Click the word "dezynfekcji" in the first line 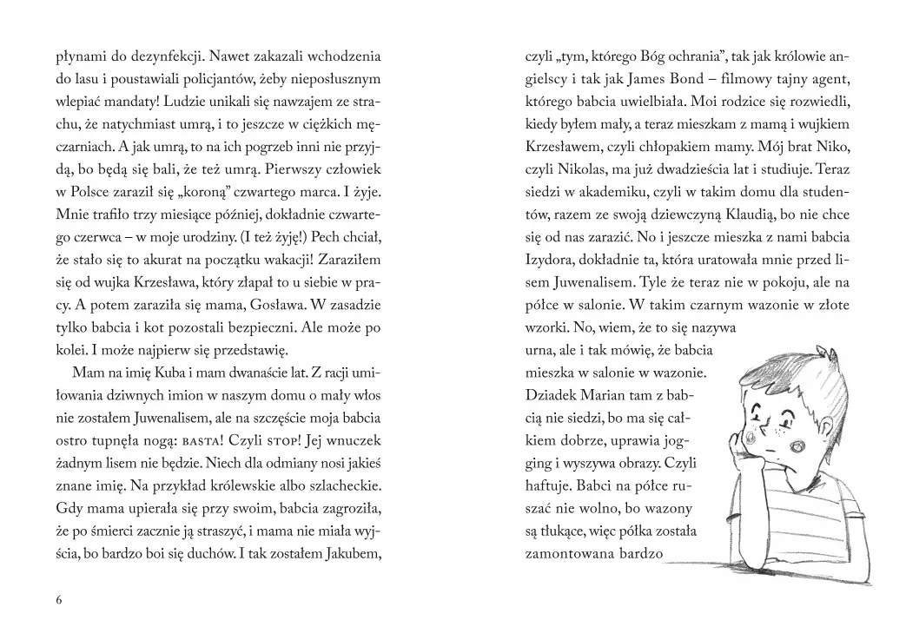click(x=150, y=57)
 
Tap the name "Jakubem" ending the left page click(x=352, y=551)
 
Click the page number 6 click(x=58, y=600)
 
